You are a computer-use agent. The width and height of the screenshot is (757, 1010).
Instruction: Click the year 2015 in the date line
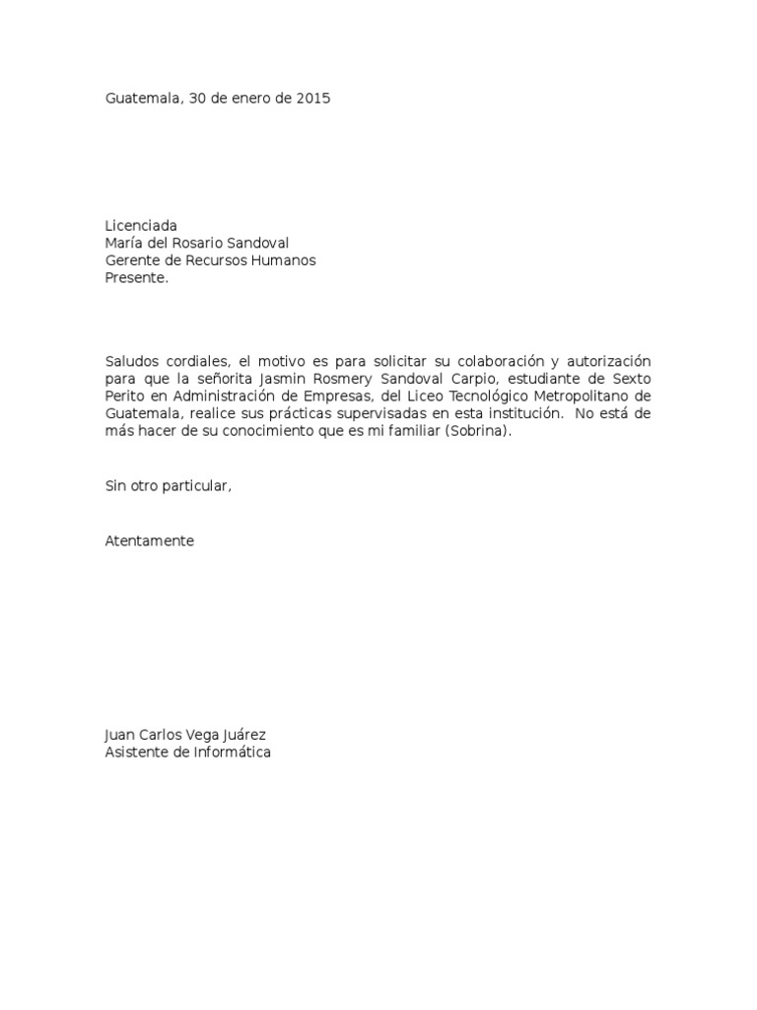click(312, 99)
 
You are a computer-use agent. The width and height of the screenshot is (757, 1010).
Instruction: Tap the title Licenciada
click(141, 226)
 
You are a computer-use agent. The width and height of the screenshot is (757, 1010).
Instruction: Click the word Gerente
click(132, 260)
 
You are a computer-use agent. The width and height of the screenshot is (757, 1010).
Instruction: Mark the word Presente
click(137, 278)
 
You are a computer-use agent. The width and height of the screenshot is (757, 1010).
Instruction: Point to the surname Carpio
click(476, 379)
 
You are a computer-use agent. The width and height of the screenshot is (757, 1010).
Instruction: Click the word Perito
click(125, 397)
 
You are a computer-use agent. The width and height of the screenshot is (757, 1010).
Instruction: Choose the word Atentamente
click(150, 541)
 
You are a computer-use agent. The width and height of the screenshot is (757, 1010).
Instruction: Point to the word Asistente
click(136, 753)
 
